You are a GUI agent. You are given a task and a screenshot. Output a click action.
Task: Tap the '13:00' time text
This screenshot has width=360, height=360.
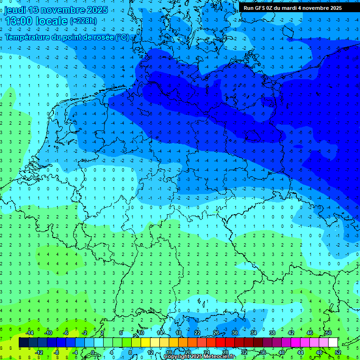click(x=19, y=21)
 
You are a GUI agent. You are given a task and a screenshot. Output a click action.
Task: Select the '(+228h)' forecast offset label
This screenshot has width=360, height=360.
click(x=83, y=21)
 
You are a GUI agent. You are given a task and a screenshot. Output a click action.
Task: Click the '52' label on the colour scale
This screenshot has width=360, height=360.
click(x=337, y=352)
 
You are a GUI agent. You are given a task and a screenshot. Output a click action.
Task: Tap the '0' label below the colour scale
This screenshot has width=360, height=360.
click(x=93, y=352)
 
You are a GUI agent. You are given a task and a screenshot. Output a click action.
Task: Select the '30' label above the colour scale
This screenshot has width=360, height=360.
click(x=234, y=333)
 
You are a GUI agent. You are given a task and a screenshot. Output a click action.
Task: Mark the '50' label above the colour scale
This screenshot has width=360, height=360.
click(x=328, y=333)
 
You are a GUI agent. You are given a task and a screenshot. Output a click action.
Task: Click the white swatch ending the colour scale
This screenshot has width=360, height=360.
click(x=333, y=343)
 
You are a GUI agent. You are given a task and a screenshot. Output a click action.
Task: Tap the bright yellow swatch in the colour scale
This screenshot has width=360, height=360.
click(x=145, y=343)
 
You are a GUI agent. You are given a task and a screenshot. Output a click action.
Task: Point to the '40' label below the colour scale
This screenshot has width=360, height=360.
click(x=281, y=352)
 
